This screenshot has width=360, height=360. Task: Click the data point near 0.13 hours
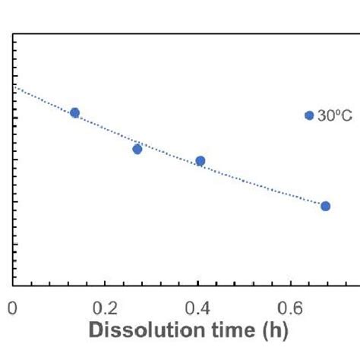pos(74,113)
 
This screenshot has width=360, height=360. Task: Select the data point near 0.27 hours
pos(137,149)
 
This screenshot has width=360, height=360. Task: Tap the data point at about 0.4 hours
pos(201,161)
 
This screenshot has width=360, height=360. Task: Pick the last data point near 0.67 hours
pos(326,206)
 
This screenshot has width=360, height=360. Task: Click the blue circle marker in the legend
pos(309,115)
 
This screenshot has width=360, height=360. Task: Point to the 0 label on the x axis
pos(12,308)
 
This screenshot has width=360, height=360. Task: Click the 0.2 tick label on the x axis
pos(106,308)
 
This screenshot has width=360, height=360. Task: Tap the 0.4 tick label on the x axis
pos(198,308)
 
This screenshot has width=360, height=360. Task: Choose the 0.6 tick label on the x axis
pos(291,308)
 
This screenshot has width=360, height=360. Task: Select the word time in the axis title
pos(222,332)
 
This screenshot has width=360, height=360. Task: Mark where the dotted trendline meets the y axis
pos(13,89)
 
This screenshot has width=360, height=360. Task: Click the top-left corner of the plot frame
pos(13,34)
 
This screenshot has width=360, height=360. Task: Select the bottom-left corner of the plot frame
pos(13,286)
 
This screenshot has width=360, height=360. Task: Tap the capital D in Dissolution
pos(96,332)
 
